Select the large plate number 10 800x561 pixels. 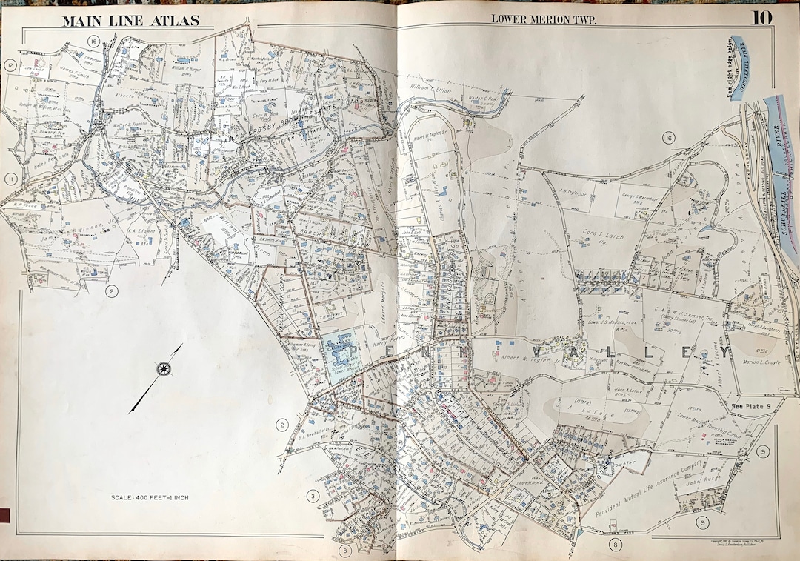[764, 18]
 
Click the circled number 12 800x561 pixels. [10, 65]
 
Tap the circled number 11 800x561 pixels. [10, 179]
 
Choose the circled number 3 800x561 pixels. [313, 495]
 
